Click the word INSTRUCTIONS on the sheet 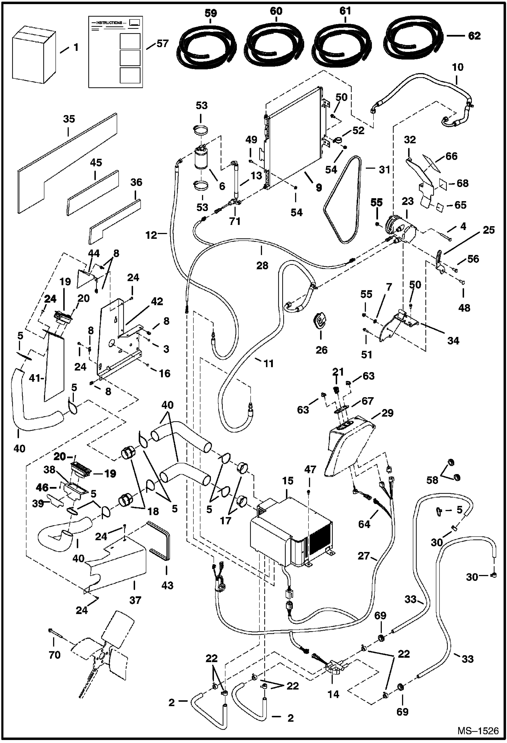pyautogui.click(x=109, y=23)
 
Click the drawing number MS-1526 pyautogui.click(x=478, y=731)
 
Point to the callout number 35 pyautogui.click(x=69, y=119)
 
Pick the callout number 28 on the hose pyautogui.click(x=262, y=265)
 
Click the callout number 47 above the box pyautogui.click(x=310, y=469)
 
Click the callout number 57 pyautogui.click(x=162, y=44)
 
